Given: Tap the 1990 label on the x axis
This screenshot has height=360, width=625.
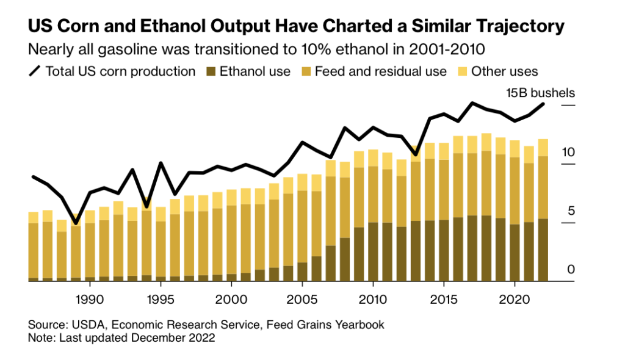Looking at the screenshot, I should click(90, 300).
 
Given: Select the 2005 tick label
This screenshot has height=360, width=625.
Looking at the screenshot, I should click(302, 300).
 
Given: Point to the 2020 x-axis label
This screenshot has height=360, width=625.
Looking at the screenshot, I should click(515, 300).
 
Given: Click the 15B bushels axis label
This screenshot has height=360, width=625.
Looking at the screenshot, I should click(540, 93).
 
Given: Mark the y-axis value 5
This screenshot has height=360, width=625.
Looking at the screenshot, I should click(571, 211).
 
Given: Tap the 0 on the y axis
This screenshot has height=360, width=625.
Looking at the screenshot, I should click(571, 270).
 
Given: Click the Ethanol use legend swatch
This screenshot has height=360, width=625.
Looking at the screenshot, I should click(212, 71).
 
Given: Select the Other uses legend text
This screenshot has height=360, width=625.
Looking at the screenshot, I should click(505, 71).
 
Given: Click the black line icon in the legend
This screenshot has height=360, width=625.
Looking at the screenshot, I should click(35, 71).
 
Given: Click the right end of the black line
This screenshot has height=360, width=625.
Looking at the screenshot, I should click(543, 104).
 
